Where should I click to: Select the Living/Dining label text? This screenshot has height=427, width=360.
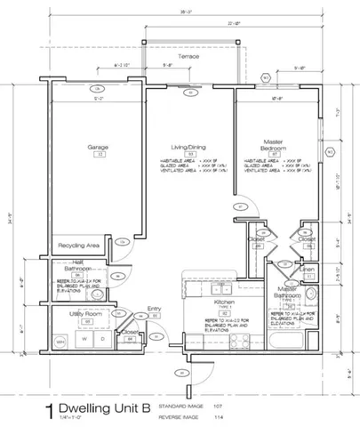[188, 147]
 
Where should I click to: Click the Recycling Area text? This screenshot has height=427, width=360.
[78, 244]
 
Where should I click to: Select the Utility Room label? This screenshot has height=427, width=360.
[78, 314]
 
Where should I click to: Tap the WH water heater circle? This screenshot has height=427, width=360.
[60, 342]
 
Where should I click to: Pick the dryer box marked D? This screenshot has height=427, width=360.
[102, 340]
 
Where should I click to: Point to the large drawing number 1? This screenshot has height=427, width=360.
[50, 390]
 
